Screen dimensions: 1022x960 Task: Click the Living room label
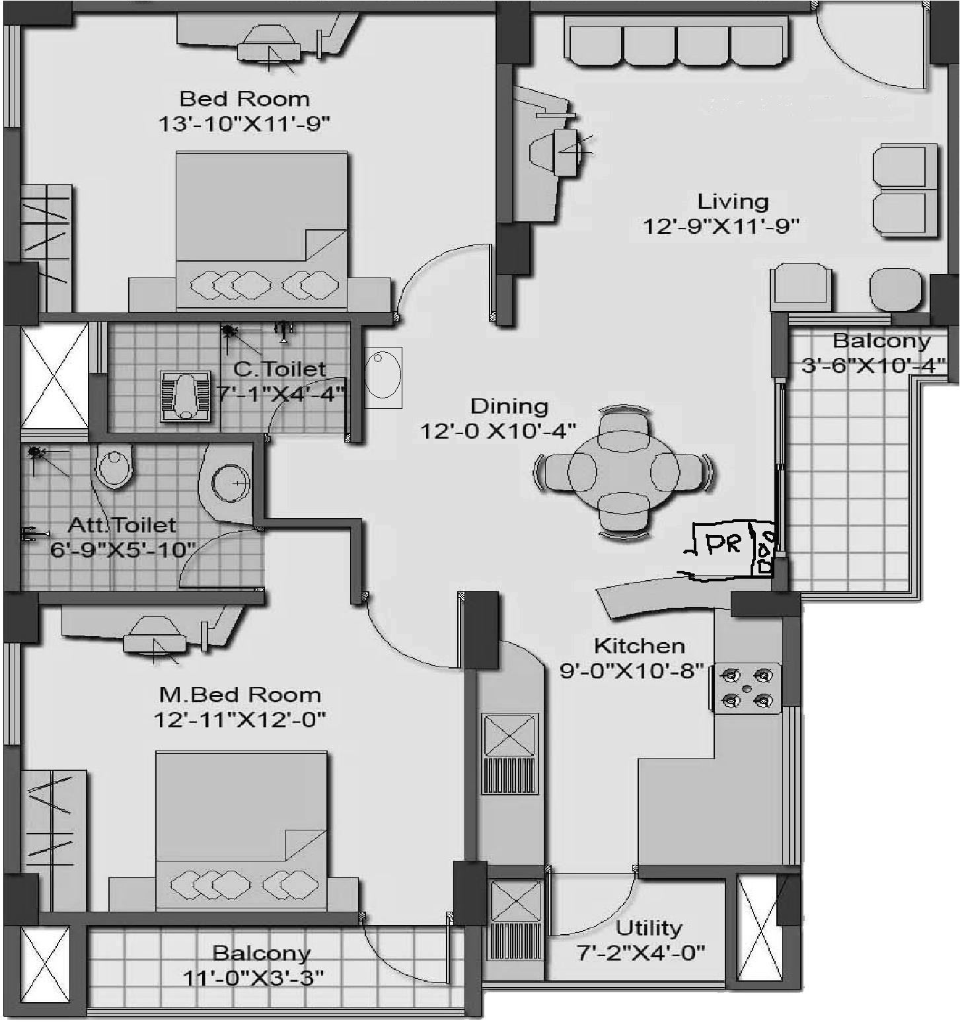pos(733,201)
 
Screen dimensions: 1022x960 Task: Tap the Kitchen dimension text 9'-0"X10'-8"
pos(631,671)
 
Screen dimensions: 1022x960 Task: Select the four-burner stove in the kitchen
pos(747,688)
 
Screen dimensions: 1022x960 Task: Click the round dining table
pos(624,470)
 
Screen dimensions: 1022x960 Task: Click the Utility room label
pos(648,928)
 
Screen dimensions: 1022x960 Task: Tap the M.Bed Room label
pos(240,695)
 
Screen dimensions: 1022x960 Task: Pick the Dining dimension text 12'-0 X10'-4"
pos(498,431)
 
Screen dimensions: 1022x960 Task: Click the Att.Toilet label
pos(122,526)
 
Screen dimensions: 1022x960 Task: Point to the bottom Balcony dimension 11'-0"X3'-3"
pos(253,977)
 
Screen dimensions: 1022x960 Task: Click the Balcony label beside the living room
pos(881,341)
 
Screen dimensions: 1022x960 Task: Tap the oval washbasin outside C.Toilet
pos(383,377)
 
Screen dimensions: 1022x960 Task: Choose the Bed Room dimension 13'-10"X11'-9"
pos(244,124)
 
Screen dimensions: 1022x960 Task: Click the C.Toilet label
pos(279,369)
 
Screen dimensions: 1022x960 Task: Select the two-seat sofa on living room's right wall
pos(905,191)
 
